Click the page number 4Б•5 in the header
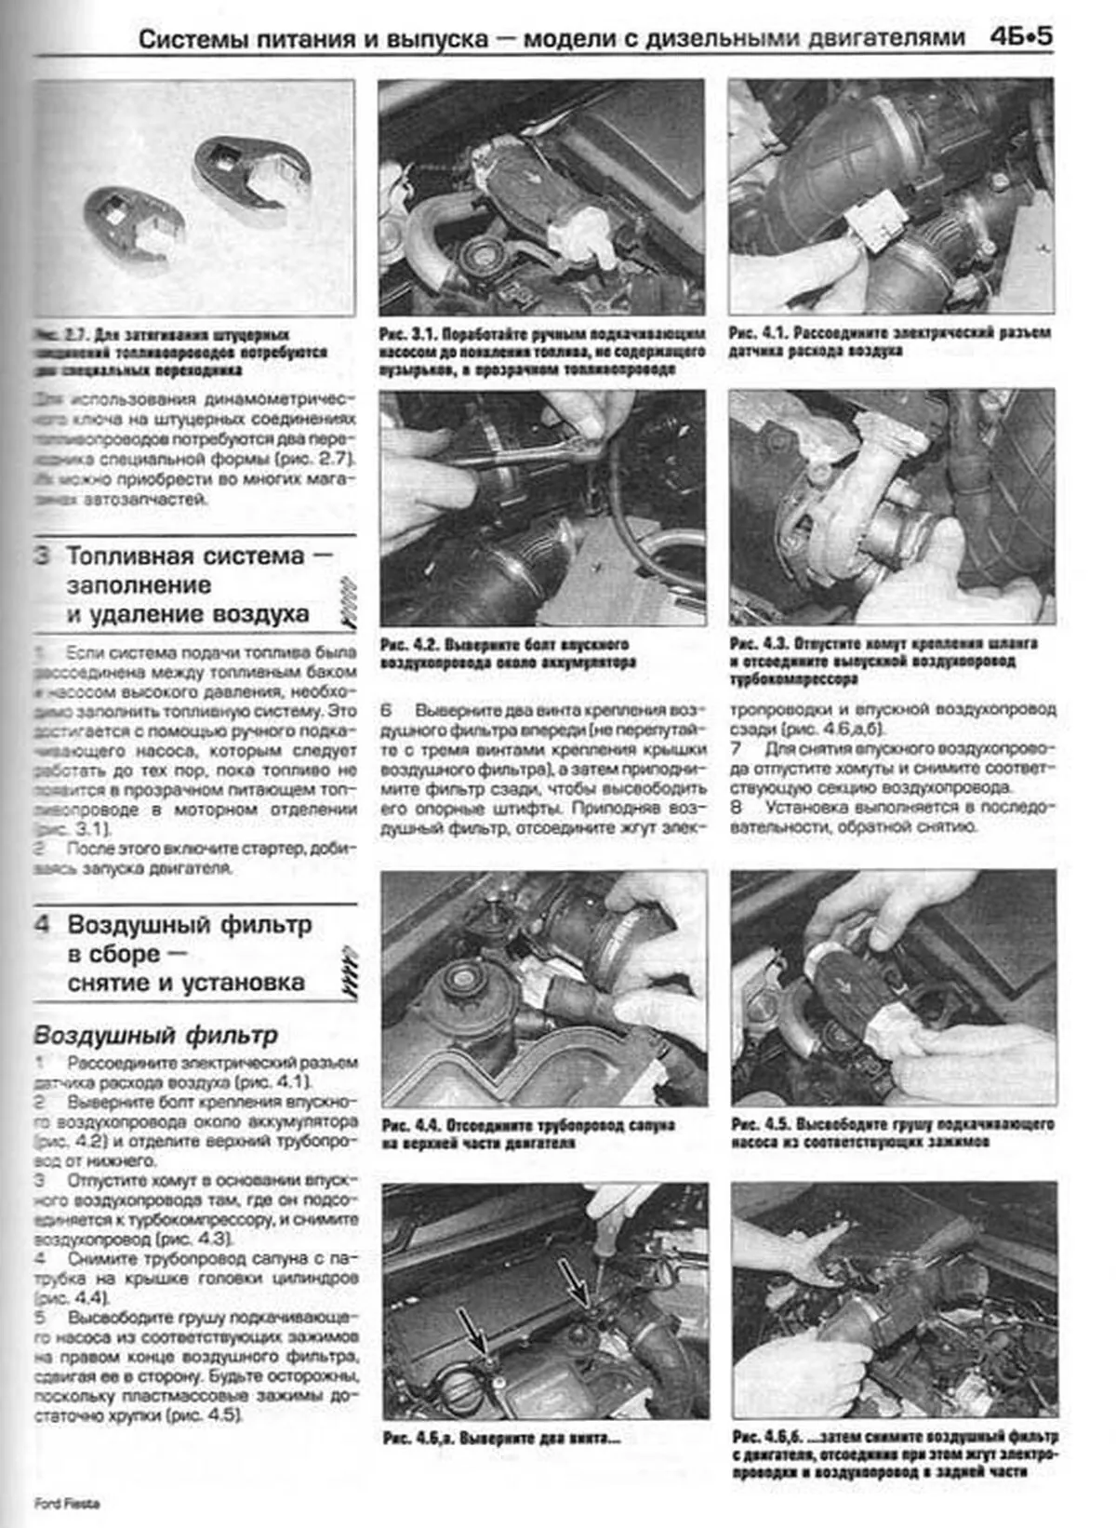[x=1021, y=38]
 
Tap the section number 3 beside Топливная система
[x=43, y=556]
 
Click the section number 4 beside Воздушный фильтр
[x=43, y=925]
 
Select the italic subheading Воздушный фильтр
[x=155, y=1035]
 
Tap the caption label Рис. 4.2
[x=409, y=645]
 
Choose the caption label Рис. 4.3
[x=758, y=644]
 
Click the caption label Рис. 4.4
[x=411, y=1125]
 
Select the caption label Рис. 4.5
[x=760, y=1124]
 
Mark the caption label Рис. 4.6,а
[x=418, y=1438]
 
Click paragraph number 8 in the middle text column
[x=737, y=808]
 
